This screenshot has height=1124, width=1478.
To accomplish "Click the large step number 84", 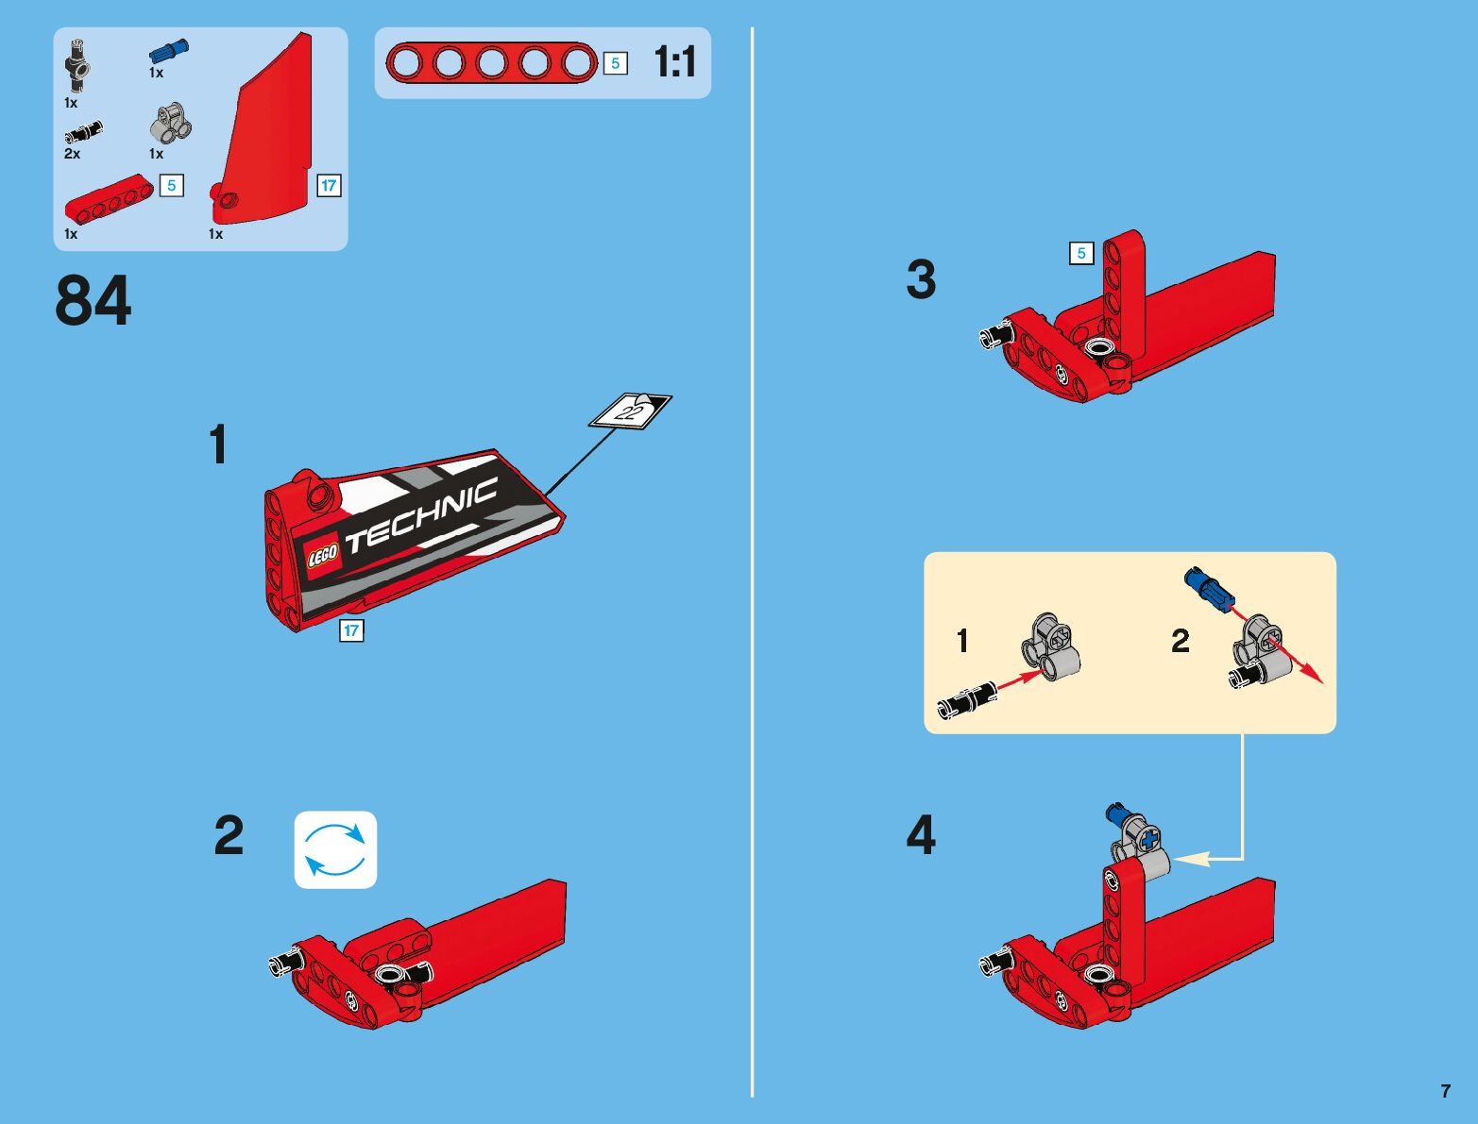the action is (93, 301).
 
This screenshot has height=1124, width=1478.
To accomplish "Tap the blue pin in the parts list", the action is (168, 51).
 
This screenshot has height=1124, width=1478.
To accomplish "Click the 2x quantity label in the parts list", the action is (72, 154).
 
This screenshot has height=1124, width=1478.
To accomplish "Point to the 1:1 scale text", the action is (674, 62).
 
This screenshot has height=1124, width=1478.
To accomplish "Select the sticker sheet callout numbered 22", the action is (631, 411).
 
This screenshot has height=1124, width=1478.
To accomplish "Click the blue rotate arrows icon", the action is (335, 849).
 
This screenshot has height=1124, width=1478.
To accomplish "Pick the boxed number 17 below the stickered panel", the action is (351, 631).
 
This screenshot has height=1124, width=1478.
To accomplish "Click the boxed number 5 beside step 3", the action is (1081, 253).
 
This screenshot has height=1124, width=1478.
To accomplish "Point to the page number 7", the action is (1445, 1091).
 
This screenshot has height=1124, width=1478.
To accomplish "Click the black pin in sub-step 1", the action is (968, 700).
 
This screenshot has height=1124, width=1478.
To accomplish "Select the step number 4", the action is (921, 835).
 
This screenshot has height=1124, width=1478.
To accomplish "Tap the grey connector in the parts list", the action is (170, 124).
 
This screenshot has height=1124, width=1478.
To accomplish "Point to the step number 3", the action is (921, 279).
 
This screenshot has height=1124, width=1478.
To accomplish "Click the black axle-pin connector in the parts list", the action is (77, 65).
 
